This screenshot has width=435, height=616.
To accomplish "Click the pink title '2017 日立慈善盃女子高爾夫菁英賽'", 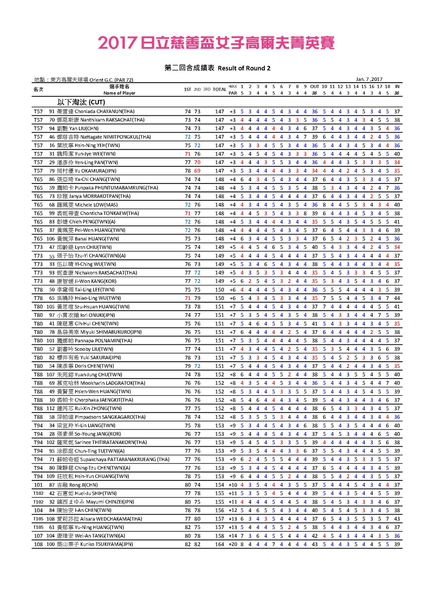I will click(x=217, y=43).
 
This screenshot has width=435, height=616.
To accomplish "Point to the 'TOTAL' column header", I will click(x=219, y=90).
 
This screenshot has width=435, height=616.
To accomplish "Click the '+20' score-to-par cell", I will click(x=233, y=544).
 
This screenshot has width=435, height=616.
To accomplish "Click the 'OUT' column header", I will click(x=314, y=87).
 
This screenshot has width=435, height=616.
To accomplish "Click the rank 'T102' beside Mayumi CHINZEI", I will click(x=38, y=502).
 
